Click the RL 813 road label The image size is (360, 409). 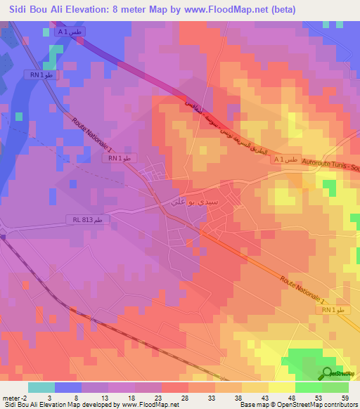point(91,220)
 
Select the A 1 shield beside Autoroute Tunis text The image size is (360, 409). point(288,160)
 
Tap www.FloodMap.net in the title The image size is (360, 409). point(231,10)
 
